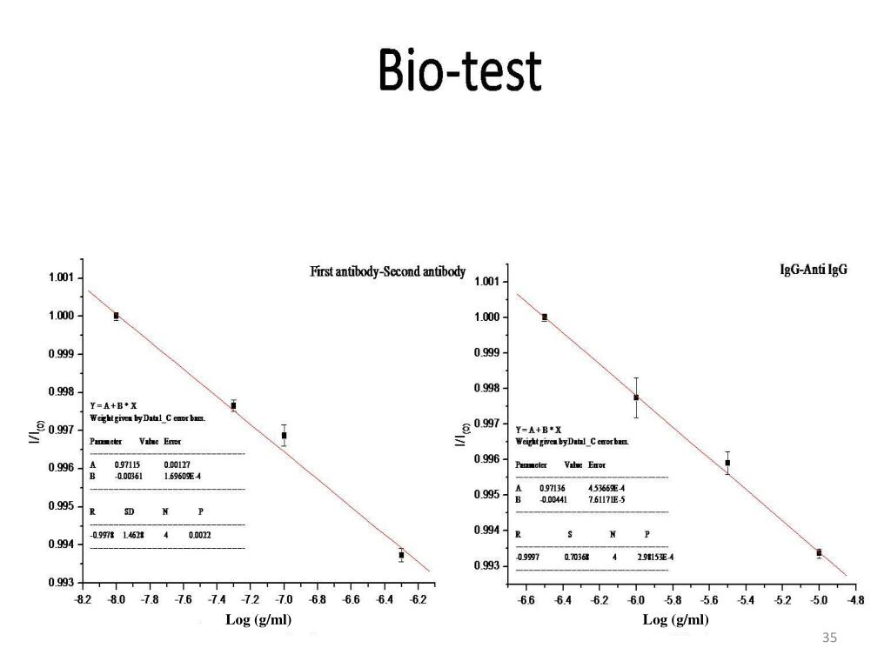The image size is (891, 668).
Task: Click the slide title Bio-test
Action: (459, 70)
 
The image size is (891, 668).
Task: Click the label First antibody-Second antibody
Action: (387, 272)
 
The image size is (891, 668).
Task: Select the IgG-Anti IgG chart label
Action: (813, 270)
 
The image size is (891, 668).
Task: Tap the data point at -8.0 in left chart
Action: (116, 316)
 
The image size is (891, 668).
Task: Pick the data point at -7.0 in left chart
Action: (285, 435)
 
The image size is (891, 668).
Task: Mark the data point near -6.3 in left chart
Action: (401, 555)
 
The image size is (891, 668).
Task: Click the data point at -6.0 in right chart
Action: (636, 397)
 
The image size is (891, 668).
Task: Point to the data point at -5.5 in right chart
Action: (727, 463)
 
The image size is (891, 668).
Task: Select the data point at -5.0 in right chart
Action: (819, 552)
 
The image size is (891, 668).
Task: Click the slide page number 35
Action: (829, 639)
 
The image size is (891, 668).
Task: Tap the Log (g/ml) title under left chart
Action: (258, 620)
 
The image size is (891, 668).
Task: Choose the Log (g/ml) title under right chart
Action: (675, 620)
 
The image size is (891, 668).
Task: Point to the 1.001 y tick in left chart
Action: (61, 278)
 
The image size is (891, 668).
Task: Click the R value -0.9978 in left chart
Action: (102, 536)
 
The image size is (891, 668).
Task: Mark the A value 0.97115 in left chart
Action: (129, 465)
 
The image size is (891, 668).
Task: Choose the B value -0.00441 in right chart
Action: (553, 500)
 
